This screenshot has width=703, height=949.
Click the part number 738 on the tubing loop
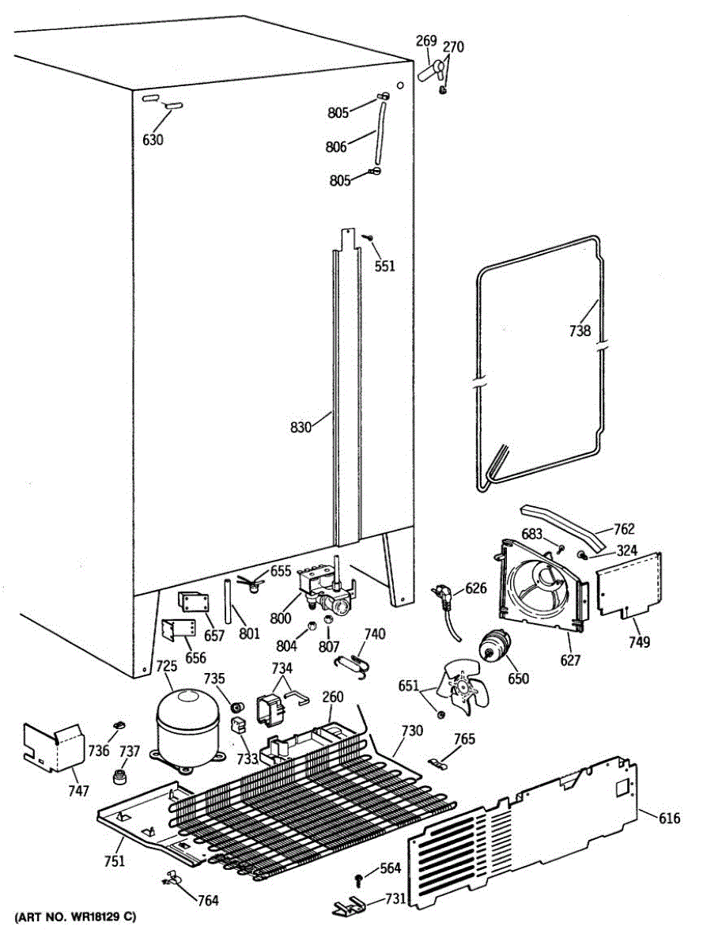pos(580,331)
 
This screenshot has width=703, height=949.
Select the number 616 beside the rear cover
pos(669,819)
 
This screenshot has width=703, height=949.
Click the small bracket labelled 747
pos(51,746)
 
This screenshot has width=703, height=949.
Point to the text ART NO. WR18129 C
pos(75,917)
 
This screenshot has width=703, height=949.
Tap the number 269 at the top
pos(426,41)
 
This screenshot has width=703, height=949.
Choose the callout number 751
pos(115,861)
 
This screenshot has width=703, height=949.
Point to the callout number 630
pos(153,140)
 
